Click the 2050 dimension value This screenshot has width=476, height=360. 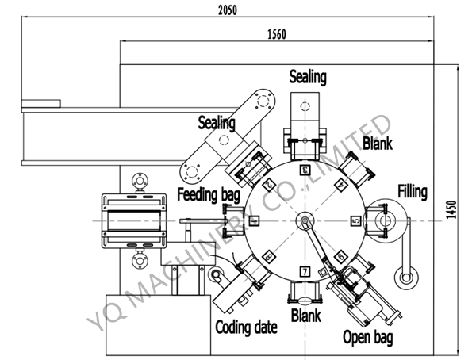(225, 11)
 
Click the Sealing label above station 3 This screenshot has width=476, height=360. (307, 77)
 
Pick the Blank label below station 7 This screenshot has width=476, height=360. (305, 316)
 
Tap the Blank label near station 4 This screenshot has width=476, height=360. (377, 143)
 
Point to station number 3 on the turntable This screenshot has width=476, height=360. (305, 169)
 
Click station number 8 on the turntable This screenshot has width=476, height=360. (269, 256)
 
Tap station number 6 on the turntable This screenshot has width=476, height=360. (340, 256)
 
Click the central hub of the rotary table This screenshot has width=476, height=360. (305, 220)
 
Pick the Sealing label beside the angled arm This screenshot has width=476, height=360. (217, 123)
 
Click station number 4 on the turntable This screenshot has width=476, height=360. (340, 184)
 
